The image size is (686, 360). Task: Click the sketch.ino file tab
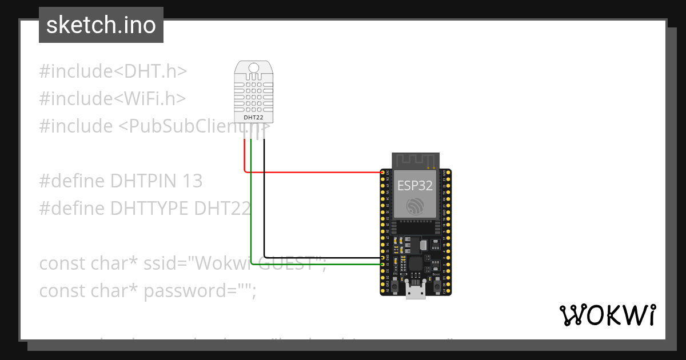click(x=101, y=25)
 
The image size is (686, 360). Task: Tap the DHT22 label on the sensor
click(x=253, y=118)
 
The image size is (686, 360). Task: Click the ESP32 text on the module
click(x=414, y=185)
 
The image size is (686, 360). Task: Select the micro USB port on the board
click(x=415, y=291)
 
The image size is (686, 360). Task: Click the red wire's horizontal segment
click(x=314, y=171)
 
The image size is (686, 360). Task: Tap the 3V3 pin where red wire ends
click(x=384, y=172)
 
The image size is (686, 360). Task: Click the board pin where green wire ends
click(x=384, y=265)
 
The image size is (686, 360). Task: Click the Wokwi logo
click(x=607, y=315)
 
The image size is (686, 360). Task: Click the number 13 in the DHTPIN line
click(x=193, y=181)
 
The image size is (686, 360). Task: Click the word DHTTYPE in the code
click(x=149, y=208)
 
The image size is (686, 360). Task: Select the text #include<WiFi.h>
click(x=113, y=98)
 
